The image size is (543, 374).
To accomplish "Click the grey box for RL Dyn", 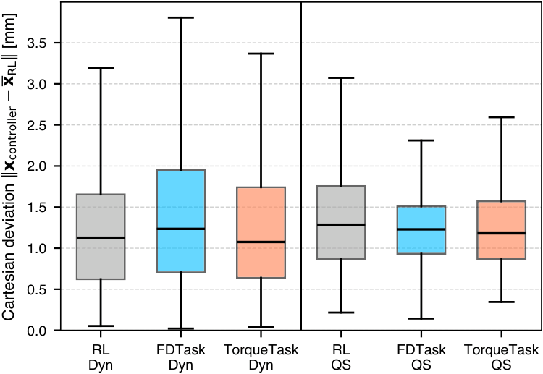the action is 101,237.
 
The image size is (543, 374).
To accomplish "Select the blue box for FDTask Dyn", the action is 181,221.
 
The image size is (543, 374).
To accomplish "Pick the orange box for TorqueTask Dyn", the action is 261,232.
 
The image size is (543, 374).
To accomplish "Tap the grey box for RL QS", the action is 341,222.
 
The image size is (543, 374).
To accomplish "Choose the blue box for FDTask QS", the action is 421,230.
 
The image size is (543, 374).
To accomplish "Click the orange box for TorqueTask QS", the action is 502,230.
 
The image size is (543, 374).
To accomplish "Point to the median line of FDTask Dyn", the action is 181,229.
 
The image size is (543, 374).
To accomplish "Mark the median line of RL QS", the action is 341,224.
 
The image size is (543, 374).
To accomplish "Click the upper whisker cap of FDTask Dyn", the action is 181,17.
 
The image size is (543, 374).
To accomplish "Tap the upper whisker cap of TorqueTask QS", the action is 502,117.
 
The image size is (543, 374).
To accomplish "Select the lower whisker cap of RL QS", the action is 341,313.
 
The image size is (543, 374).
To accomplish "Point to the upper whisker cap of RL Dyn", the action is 101,68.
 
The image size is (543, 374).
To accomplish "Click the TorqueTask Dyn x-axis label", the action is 261,357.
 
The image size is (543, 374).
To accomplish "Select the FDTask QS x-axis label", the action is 421,357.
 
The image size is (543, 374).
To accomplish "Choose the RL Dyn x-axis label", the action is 101,357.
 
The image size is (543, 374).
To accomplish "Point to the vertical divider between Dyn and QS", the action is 301,166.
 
